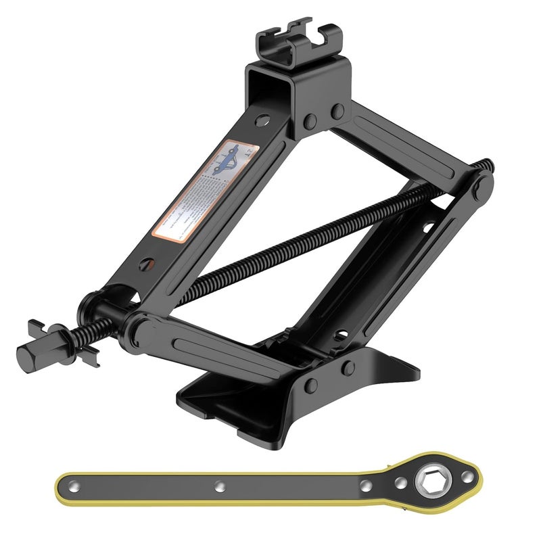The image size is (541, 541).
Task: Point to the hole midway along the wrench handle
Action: (219, 486)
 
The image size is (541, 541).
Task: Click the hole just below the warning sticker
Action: (145, 264)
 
